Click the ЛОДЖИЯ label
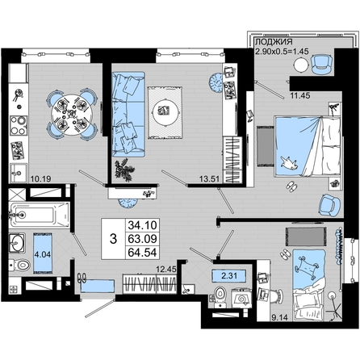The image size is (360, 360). (274, 42)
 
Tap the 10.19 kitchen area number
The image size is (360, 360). (41, 178)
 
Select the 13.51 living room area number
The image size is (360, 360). (210, 178)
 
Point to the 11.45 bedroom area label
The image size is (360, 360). (300, 95)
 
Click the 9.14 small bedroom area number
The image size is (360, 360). (280, 317)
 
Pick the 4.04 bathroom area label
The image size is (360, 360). (43, 254)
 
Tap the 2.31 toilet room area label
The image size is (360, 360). (229, 276)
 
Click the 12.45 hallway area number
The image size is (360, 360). (166, 269)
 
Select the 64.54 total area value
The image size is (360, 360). (142, 253)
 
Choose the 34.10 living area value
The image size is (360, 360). (142, 225)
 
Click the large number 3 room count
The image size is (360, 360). (114, 239)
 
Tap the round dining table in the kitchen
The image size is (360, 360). (72, 115)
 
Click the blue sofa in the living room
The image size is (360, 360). (128, 114)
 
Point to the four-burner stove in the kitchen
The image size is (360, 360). (19, 125)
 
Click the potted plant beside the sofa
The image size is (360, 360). (124, 170)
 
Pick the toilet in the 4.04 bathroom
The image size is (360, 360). (20, 266)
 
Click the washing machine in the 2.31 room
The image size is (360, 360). (241, 298)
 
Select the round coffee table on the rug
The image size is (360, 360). (165, 111)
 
